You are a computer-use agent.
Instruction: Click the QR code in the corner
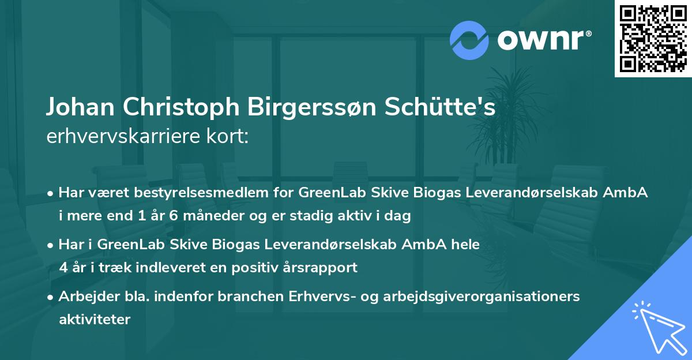(653, 38)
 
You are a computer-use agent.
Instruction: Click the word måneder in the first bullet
(208, 216)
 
